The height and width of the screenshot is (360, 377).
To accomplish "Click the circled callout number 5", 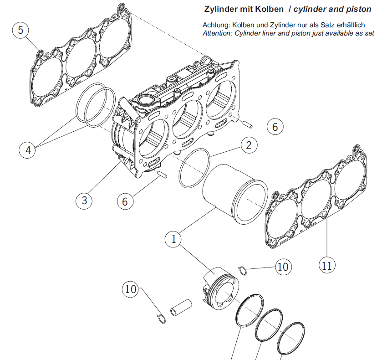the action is point(20,30).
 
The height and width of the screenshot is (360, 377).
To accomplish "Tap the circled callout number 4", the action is point(28,150).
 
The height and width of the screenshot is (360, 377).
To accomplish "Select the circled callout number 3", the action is point(84,200).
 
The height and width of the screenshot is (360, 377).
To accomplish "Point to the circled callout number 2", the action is point(249,145).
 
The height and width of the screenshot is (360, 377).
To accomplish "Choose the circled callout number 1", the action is point(173,239).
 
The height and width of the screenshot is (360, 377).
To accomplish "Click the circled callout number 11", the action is point(327,266).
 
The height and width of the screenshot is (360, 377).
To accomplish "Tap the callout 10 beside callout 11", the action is point(283,267).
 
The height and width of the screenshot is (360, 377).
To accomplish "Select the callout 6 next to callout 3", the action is point(125,201).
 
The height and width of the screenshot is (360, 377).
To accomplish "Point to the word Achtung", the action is point(216,25).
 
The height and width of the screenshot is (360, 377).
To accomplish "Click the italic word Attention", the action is point(217,33).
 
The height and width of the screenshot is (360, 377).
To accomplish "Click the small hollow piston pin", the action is point(181,308).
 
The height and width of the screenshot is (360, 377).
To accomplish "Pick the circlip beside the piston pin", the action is point(161,319).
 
